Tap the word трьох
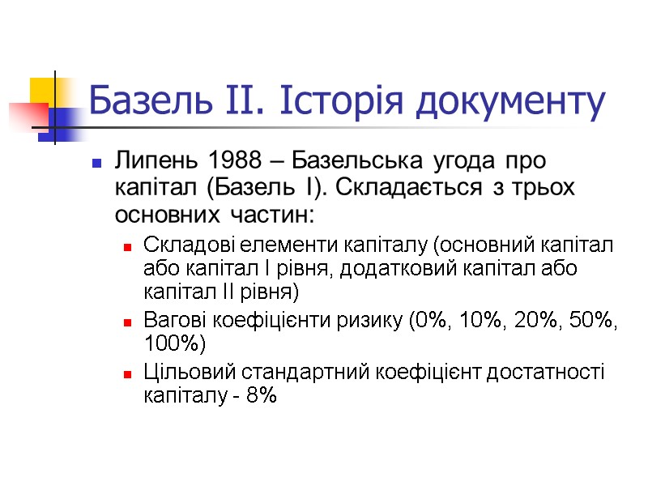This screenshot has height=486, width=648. [544, 189]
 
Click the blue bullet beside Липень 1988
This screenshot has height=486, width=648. [97, 163]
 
